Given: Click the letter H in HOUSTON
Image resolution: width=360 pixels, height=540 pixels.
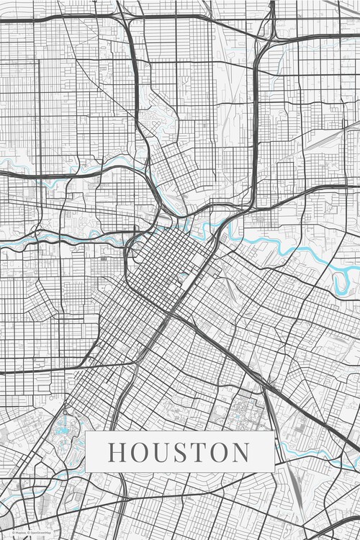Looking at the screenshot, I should [117, 452].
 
